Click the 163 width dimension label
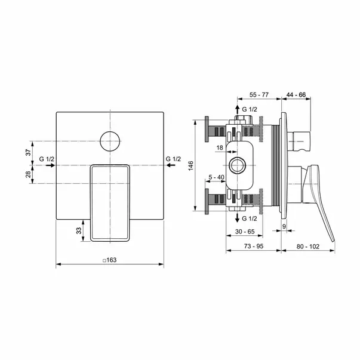tap(110, 260)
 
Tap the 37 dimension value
tap(28, 152)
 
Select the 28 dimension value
tap(28, 174)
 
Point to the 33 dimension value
tap(79, 230)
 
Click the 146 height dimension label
tap(191, 166)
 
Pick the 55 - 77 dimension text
tap(259, 94)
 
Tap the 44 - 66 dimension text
tap(296, 94)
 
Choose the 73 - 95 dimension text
tap(254, 246)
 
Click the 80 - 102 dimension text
tap(307, 247)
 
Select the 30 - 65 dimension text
tap(245, 232)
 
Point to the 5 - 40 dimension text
tap(216, 177)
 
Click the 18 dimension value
tap(220, 147)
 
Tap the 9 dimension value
tap(284, 226)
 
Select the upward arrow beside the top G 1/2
tap(238, 110)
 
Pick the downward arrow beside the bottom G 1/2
tap(238, 217)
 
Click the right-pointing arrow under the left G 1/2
tap(50, 165)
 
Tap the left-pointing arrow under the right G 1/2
tap(171, 165)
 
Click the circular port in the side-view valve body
tap(238, 165)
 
